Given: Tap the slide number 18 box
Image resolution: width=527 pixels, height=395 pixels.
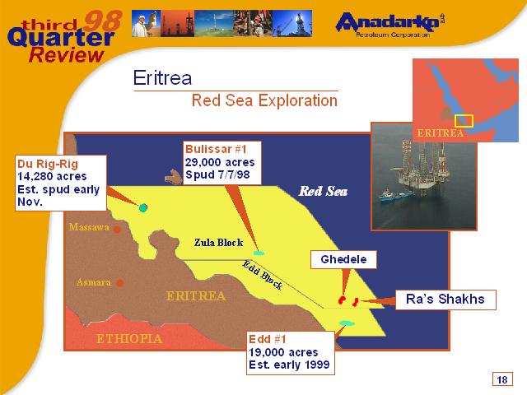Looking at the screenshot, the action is (502, 379).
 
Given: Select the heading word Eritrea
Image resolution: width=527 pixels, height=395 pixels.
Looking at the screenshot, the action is (162, 78).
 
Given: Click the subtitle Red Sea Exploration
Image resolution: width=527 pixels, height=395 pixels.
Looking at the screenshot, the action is (264, 100).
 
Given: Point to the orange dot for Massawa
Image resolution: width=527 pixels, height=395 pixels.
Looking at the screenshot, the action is (117, 230).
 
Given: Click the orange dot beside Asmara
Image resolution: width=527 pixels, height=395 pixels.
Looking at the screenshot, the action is (119, 283).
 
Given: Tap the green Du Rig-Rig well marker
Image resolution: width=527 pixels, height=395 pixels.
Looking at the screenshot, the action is (143, 207).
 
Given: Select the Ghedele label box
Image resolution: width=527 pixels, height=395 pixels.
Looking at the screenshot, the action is (343, 259).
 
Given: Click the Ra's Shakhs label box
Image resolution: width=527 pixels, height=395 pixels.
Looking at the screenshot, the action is (445, 300).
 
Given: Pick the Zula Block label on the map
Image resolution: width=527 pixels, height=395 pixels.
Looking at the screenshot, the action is (218, 243).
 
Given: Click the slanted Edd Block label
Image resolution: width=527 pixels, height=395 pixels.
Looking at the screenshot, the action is (263, 275).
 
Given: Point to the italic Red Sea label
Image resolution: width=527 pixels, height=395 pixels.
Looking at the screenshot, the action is (323, 191).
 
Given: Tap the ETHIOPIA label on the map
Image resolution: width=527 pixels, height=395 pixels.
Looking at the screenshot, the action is (129, 338).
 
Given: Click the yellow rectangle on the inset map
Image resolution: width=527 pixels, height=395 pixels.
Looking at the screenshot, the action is (464, 121).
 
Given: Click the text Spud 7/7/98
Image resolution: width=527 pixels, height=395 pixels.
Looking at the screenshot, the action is (217, 174).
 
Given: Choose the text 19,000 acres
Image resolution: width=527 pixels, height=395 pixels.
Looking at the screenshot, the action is (283, 352).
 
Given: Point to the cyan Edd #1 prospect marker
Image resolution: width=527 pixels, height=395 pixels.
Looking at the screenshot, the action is (347, 323).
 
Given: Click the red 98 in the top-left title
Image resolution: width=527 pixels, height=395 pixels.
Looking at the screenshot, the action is (102, 20).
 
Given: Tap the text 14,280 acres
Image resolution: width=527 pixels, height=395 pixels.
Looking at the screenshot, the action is (52, 176).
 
